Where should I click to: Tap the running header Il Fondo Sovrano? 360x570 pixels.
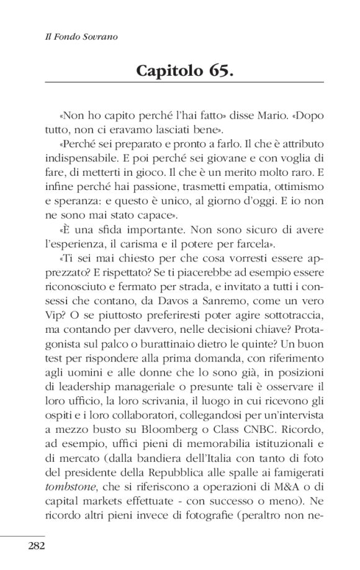pyautogui.click(x=76, y=37)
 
